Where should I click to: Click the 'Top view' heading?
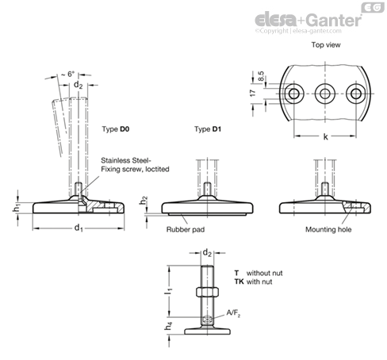(x=326, y=45)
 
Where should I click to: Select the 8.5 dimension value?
(x=260, y=76)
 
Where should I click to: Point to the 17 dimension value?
(x=253, y=93)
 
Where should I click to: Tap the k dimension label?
(x=325, y=136)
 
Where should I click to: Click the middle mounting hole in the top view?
(x=325, y=94)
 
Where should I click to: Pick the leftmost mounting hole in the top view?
(x=293, y=94)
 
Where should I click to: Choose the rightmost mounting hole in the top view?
(x=356, y=94)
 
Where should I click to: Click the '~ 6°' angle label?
(x=67, y=74)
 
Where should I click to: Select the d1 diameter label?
(x=79, y=228)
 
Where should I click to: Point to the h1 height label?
(x=16, y=208)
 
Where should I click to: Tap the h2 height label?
(x=144, y=201)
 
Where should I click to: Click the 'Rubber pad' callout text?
(x=186, y=229)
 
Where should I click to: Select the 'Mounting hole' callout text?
(x=328, y=229)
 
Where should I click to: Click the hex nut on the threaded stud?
(x=207, y=292)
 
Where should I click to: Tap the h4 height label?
(x=168, y=326)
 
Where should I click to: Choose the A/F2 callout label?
(x=233, y=313)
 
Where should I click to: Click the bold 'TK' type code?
(x=239, y=281)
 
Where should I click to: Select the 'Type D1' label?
(x=208, y=129)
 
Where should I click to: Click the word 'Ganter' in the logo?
(x=335, y=20)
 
